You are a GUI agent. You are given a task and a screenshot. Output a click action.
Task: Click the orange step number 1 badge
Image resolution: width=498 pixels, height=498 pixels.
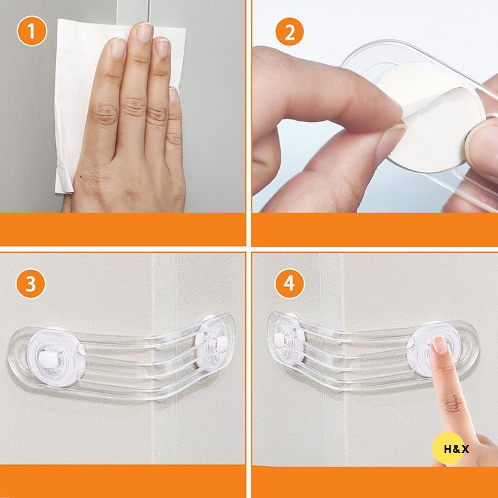pyautogui.click(x=31, y=31)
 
